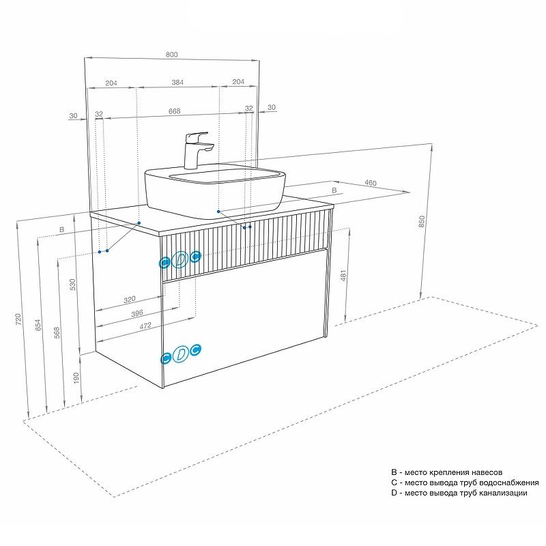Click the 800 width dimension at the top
click(x=171, y=54)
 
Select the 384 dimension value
click(x=177, y=82)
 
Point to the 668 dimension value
click(x=174, y=110)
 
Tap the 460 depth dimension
click(x=371, y=183)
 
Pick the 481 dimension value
click(x=344, y=276)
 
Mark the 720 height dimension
click(x=18, y=318)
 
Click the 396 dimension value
click(x=136, y=313)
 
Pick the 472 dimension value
click(x=145, y=327)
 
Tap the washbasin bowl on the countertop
click(x=214, y=188)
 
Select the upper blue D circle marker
click(x=180, y=259)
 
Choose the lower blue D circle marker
click(x=180, y=354)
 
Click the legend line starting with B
click(x=447, y=472)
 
